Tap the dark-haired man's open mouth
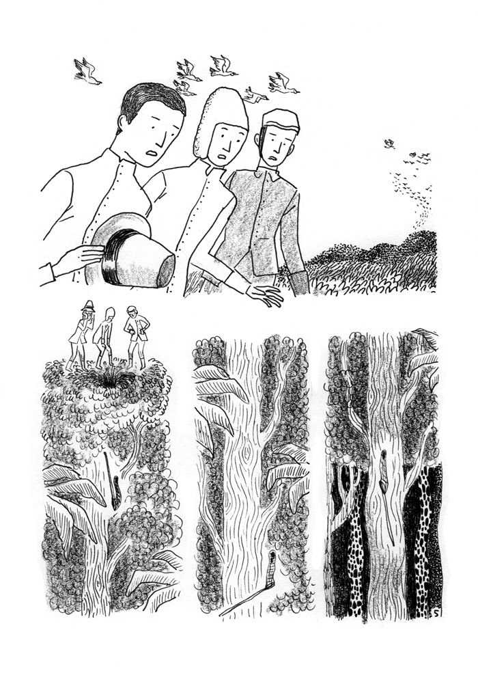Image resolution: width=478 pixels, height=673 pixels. (152, 159)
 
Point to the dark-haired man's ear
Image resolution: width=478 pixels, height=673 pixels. (123, 126)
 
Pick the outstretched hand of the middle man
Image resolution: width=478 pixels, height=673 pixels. (266, 295)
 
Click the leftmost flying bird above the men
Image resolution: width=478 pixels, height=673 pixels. (87, 71)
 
